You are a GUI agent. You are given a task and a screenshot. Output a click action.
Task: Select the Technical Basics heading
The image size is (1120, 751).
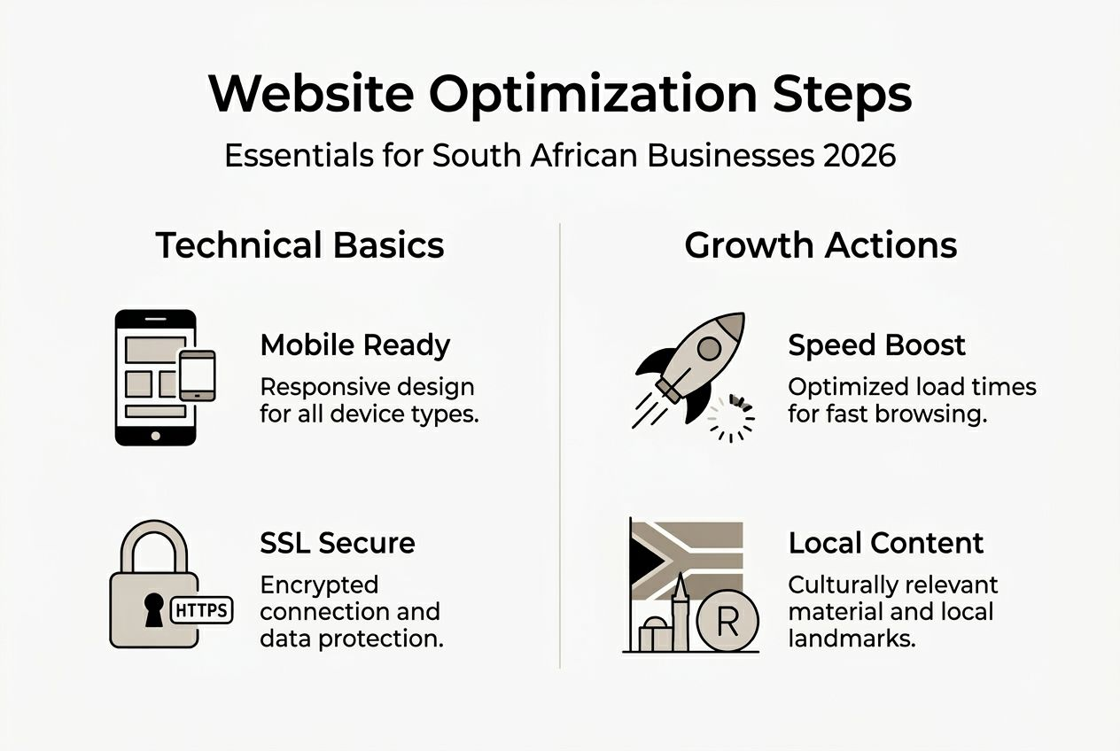tap(299, 245)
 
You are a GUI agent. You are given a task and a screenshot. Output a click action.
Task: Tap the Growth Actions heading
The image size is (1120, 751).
tap(821, 245)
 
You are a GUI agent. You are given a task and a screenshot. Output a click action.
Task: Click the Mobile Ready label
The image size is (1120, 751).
tap(355, 345)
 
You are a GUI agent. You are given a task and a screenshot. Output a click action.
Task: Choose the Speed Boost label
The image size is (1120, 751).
tap(876, 345)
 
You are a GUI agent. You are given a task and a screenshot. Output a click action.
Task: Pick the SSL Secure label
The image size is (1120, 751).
tap(338, 543)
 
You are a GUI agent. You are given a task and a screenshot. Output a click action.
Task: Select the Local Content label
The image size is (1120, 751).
tap(886, 543)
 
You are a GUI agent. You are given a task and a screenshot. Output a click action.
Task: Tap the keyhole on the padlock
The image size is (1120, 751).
tap(154, 610)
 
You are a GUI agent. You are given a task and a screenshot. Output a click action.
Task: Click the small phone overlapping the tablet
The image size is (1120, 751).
tap(197, 375)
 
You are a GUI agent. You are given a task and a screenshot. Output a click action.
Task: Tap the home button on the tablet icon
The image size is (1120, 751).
tap(156, 436)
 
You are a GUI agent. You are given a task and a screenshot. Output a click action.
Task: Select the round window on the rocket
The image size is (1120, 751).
tap(708, 348)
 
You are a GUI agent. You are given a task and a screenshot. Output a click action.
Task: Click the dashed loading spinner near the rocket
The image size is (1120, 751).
tap(732, 418)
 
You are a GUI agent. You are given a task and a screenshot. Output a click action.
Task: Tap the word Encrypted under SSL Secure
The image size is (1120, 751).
tap(319, 585)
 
